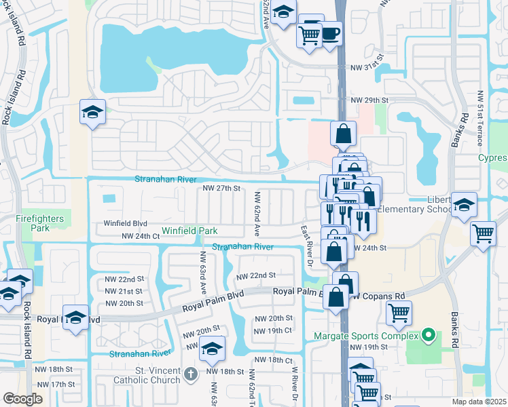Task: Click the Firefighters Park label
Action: pos(41,223)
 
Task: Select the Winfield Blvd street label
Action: pos(125,222)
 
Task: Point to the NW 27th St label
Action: pos(222,189)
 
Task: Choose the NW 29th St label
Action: pos(369,100)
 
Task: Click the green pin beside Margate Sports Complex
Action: pos(428,335)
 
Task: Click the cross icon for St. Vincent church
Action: pos(192,372)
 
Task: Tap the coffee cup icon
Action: pos(331,33)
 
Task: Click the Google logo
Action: pos(22,399)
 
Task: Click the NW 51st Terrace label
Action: pos(479,118)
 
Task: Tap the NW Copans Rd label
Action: pos(379,296)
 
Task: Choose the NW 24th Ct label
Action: pos(140,236)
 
